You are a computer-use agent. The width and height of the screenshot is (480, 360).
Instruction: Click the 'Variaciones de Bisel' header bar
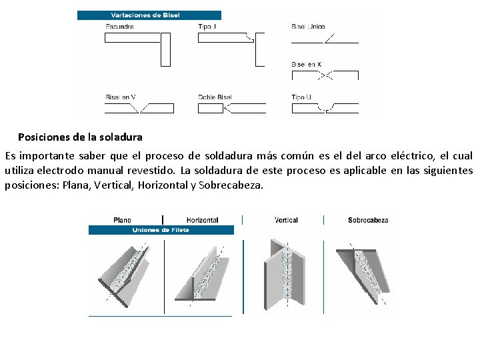[x=149, y=15]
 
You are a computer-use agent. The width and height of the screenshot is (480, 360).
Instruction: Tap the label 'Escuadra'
[x=119, y=27]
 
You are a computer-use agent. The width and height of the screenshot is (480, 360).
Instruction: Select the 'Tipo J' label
[x=207, y=27]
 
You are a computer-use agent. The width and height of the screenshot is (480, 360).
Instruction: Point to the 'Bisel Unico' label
[x=308, y=27]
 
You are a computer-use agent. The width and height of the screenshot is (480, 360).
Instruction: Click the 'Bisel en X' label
[x=306, y=64]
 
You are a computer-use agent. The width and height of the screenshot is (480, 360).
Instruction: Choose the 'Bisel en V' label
[x=121, y=97]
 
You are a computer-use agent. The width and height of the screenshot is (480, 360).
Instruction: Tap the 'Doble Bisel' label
[x=215, y=97]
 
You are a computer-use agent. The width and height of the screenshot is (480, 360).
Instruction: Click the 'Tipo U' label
[x=301, y=97]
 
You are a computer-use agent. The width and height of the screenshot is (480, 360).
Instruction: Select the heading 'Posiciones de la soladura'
[x=80, y=137]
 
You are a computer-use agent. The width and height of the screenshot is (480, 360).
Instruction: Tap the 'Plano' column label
[x=123, y=220]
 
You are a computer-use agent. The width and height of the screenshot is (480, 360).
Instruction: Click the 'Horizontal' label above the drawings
[x=202, y=220]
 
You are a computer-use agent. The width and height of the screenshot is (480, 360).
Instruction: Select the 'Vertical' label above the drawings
[x=286, y=220]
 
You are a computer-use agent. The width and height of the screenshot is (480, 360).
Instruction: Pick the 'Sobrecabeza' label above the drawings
[x=368, y=220]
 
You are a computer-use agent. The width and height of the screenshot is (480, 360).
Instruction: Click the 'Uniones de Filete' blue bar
[x=161, y=230]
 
